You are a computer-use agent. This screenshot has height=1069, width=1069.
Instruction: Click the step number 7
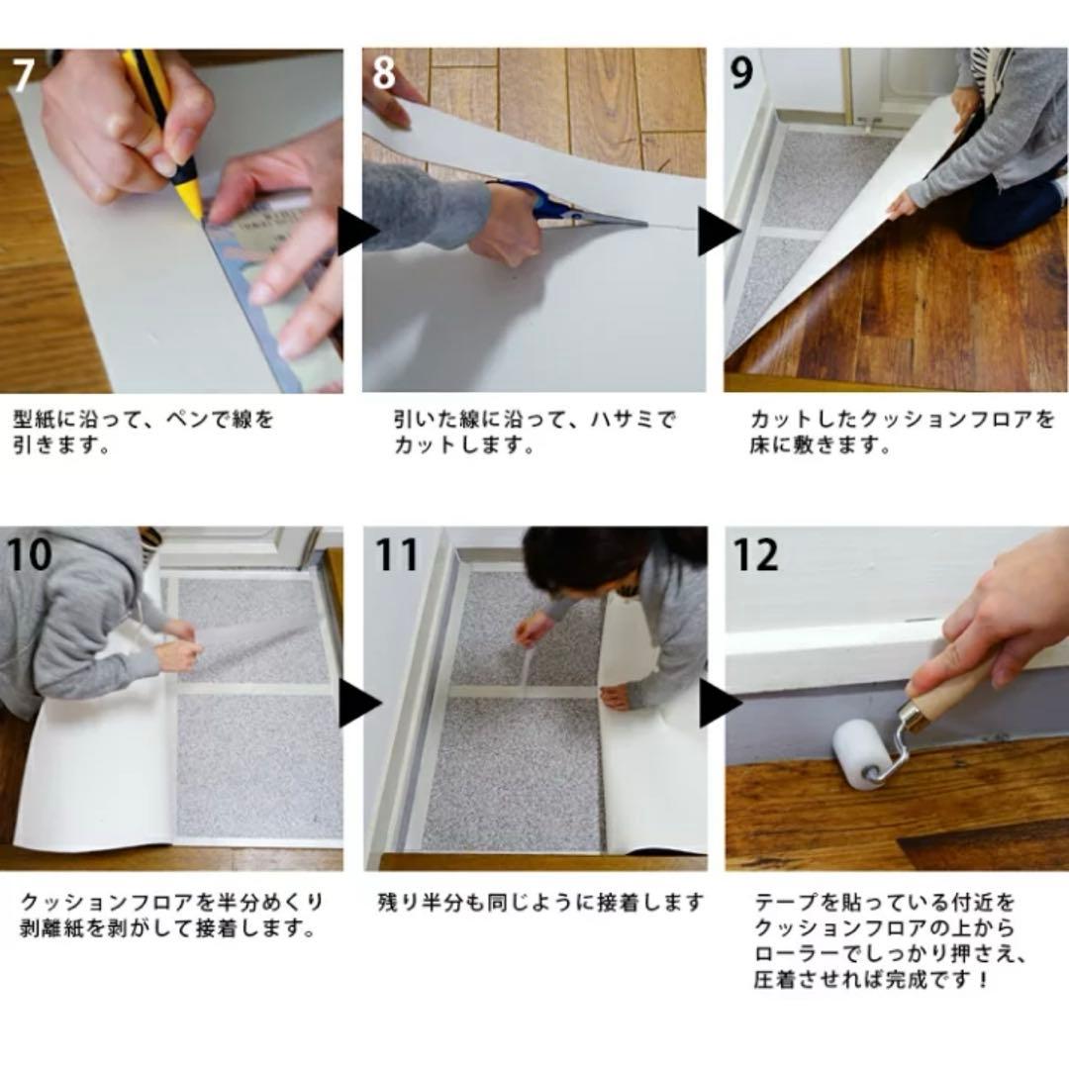click(23, 74)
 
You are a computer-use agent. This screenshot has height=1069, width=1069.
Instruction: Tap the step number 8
click(384, 74)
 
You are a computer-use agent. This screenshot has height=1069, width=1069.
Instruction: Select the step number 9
click(742, 74)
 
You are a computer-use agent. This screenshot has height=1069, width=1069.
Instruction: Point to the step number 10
click(30, 554)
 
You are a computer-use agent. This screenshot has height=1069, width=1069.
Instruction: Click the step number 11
click(396, 554)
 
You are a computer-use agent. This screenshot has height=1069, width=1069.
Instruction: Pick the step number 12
click(755, 554)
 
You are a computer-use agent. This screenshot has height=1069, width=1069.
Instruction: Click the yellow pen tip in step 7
click(196, 208)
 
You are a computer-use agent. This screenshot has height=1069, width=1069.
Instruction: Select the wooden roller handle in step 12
click(945, 688)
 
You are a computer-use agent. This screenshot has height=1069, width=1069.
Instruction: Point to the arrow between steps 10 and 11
click(358, 704)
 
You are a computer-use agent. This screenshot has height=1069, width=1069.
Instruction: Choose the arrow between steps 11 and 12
click(719, 704)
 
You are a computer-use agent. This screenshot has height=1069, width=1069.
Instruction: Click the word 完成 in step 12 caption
click(918, 981)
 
